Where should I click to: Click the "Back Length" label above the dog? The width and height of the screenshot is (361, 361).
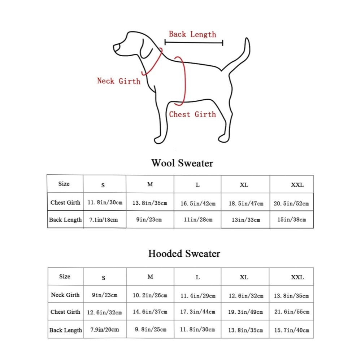192,34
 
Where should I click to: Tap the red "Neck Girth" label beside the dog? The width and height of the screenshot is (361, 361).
119,81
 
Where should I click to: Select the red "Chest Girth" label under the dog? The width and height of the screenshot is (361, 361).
192,114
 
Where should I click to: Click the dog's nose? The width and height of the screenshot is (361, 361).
116,48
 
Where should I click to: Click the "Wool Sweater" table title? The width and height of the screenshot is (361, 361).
182,163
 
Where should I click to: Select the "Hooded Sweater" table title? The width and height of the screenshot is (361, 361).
184,253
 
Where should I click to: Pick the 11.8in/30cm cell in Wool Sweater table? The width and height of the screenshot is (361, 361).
105,203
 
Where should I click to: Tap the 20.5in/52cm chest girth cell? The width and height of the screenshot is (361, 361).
291,203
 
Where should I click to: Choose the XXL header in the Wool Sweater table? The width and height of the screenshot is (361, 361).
297,185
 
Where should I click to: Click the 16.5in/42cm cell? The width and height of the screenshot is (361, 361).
198,203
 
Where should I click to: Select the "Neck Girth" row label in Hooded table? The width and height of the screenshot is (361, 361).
65,295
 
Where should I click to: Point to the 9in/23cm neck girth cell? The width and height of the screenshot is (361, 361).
105,295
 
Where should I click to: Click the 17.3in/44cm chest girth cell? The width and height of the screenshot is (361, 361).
198,312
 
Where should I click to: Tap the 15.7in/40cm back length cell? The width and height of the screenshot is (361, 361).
292,330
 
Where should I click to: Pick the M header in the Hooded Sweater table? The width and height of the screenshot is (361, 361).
150,277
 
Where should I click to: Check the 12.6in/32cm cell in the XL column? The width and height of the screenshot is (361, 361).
245,296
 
